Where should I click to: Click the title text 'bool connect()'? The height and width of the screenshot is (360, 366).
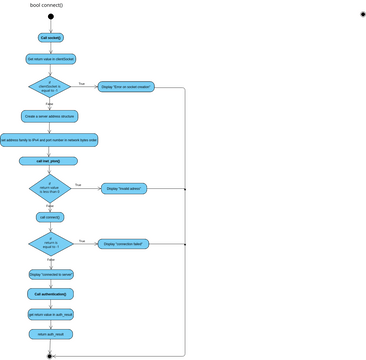point(48,5)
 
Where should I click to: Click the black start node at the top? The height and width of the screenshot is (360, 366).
point(50,17)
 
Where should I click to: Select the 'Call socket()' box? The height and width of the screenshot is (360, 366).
point(50,38)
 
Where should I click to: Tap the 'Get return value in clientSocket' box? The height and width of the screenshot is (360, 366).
point(50,59)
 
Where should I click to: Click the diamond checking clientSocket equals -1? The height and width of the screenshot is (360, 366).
point(50,87)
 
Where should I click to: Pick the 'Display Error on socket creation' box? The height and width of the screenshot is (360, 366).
point(127,87)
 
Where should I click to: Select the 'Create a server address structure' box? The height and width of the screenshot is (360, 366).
point(50,116)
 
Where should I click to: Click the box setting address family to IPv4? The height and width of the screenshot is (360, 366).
point(49,140)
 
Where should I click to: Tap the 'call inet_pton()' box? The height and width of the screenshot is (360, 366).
point(48,161)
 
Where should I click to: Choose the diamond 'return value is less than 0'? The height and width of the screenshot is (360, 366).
point(50,188)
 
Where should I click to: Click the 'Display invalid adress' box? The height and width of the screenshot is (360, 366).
point(123,188)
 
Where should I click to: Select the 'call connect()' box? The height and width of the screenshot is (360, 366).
point(50,216)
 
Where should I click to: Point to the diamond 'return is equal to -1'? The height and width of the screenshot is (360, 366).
point(50,243)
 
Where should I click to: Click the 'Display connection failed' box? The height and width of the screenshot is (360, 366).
point(123,243)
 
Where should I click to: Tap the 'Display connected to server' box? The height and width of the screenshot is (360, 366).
point(50,273)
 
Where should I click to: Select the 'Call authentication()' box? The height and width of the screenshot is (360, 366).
point(50,294)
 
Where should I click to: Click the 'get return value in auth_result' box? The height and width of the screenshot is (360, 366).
point(50,314)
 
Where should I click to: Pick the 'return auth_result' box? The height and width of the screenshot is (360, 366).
point(50,334)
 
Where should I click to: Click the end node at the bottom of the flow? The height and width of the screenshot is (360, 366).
point(50,355)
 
